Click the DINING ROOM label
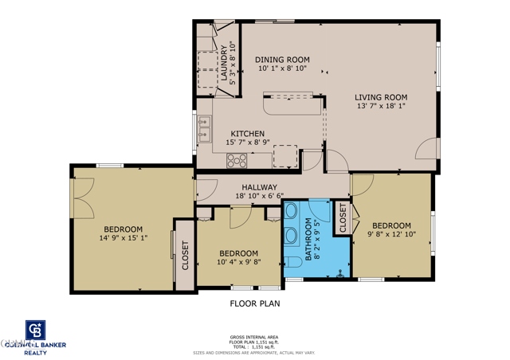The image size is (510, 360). pos(282,60)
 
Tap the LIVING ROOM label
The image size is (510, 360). pos(381,97)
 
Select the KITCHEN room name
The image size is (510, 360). pos(248,134)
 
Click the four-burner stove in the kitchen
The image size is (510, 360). pos(237,160)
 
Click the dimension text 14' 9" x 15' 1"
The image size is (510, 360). pos(123,237)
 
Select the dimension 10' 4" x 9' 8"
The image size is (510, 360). pos(238,262)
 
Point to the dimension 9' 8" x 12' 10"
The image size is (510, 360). pos(391,234)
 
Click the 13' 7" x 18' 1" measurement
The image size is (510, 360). pos(381,106)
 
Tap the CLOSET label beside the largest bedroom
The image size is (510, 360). pos(185,256)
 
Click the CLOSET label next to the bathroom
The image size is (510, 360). pos(343,217)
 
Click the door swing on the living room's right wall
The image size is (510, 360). pos(429,148)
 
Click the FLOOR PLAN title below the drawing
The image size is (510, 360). pos(254,303)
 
